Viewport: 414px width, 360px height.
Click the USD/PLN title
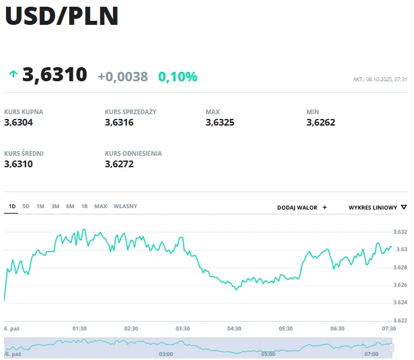[62, 16]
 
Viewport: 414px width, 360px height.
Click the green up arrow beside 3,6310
[13, 75]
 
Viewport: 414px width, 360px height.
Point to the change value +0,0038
[122, 77]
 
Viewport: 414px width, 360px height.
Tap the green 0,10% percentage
[177, 77]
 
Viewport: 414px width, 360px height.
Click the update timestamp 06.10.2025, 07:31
[380, 79]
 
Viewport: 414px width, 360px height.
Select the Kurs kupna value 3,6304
[18, 122]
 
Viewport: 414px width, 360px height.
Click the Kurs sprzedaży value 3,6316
[119, 122]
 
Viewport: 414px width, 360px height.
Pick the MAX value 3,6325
[220, 122]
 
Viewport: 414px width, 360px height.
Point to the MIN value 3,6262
[321, 122]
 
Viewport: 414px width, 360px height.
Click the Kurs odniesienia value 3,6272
[119, 163]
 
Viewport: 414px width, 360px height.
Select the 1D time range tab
[11, 206]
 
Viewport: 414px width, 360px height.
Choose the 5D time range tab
[26, 206]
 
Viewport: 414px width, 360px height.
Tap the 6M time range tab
[70, 206]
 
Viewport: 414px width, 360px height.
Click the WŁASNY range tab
[125, 206]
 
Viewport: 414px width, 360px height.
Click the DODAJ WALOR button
[302, 208]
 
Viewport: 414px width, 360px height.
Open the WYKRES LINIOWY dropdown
[377, 208]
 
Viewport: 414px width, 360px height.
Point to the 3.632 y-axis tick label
[400, 232]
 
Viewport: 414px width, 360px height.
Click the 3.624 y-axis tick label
[400, 302]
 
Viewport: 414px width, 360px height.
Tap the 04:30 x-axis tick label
[234, 328]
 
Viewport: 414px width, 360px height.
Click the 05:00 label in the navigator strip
[267, 353]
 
